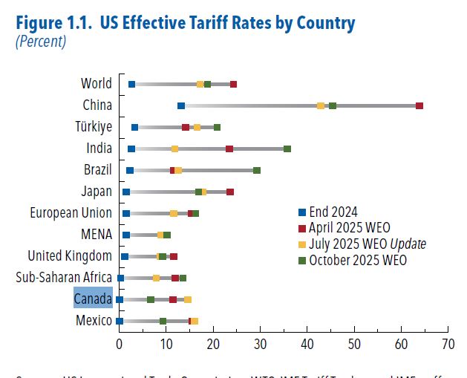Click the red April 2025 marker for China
(419, 106)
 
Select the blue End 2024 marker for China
(181, 106)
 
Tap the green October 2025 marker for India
(287, 149)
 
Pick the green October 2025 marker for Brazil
(257, 171)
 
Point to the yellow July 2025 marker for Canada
(188, 299)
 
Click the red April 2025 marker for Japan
(230, 192)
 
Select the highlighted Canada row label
(93, 299)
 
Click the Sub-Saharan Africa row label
(64, 278)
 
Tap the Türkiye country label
(94, 126)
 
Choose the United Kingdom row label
(70, 256)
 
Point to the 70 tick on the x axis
(448, 344)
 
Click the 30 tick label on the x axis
(260, 344)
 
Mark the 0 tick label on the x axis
(120, 344)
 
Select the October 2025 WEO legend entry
(358, 260)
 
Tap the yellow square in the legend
(301, 244)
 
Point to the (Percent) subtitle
(41, 42)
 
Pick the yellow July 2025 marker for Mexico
(195, 321)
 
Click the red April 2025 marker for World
(233, 85)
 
